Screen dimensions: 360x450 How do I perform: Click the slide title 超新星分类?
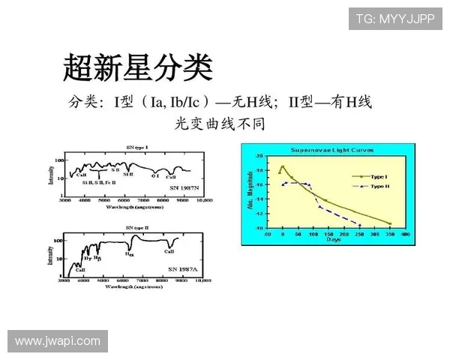tap(138, 67)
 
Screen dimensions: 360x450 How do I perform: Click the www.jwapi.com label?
tap(57, 341)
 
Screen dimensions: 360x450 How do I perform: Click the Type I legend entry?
tap(373, 175)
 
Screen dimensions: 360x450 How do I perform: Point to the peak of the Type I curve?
tap(283, 166)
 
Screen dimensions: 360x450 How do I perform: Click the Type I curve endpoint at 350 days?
tap(390, 223)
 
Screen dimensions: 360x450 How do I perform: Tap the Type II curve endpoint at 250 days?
tap(359, 225)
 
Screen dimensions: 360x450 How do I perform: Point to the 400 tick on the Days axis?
tap(405, 234)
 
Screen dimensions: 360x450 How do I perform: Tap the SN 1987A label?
tap(183, 268)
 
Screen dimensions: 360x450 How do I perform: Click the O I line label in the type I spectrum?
tap(154, 176)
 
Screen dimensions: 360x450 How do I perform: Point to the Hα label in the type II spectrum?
tap(129, 255)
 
